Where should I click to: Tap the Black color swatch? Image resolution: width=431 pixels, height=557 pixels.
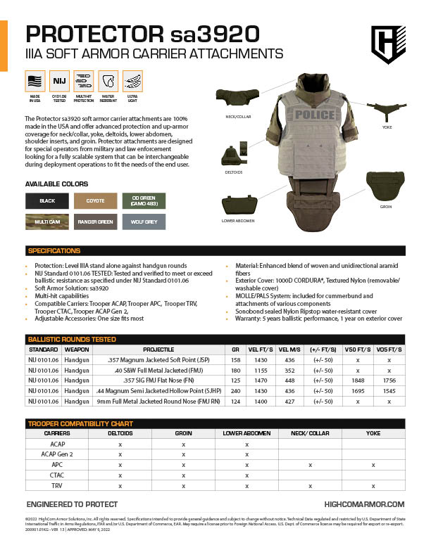pyautogui.click(x=47, y=200)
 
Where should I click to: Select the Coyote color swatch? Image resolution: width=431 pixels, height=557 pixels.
pyautogui.click(x=95, y=200)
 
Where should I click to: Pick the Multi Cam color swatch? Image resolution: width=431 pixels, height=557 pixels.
pyautogui.click(x=47, y=222)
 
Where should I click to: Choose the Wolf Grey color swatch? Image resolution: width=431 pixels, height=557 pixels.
pyautogui.click(x=143, y=222)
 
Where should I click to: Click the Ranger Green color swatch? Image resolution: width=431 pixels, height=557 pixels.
pyautogui.click(x=95, y=222)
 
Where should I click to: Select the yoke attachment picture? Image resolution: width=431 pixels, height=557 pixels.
pyautogui.click(x=386, y=110)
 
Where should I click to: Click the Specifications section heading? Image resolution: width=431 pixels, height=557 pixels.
pyautogui.click(x=54, y=251)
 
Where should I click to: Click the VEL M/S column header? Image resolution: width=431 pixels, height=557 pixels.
pyautogui.click(x=289, y=349)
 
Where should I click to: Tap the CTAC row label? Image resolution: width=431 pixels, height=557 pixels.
pyautogui.click(x=57, y=475)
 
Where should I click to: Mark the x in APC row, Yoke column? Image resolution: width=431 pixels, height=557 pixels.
pyautogui.click(x=373, y=465)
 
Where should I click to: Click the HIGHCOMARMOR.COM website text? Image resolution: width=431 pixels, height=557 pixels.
pyautogui.click(x=364, y=504)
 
